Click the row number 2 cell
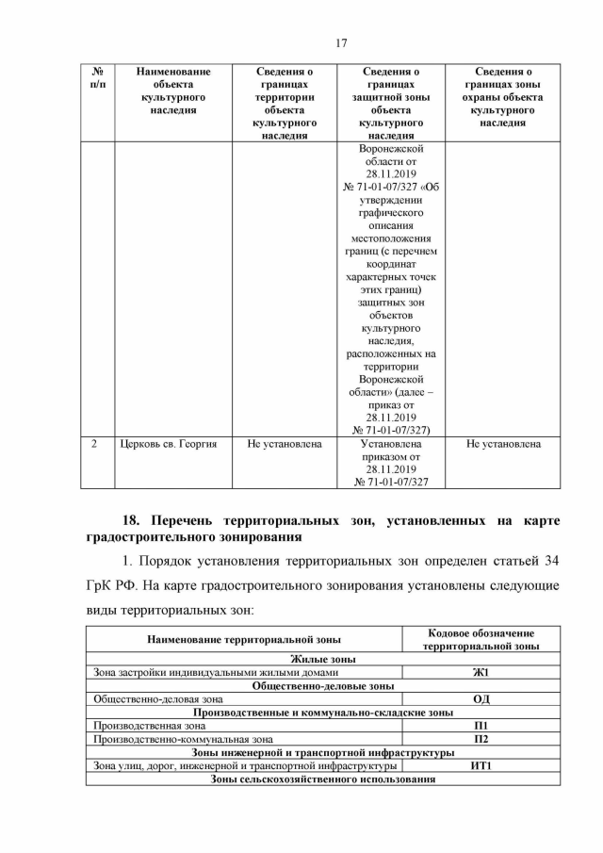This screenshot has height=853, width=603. [97, 443]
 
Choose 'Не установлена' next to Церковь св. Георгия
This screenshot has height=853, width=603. [284, 443]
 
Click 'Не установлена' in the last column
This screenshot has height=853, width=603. [503, 443]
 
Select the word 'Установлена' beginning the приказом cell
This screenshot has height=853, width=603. [390, 443]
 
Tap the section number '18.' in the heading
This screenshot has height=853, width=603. [136, 519]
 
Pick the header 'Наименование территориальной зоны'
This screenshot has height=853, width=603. [244, 640]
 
